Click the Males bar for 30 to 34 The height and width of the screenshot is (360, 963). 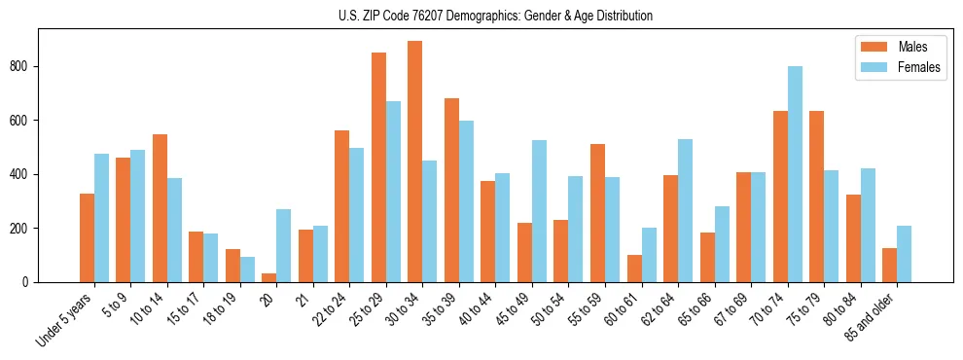pos(415,162)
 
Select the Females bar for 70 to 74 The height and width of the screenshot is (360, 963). pos(795,174)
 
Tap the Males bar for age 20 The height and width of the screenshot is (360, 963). pos(269,277)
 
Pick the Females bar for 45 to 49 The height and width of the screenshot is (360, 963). pos(539,211)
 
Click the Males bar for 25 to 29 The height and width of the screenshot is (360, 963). pos(378,167)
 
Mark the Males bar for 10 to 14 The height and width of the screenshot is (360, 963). pos(160,208)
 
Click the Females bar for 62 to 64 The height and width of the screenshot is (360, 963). pos(685,210)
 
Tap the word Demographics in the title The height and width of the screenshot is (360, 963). pos(489,16)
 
